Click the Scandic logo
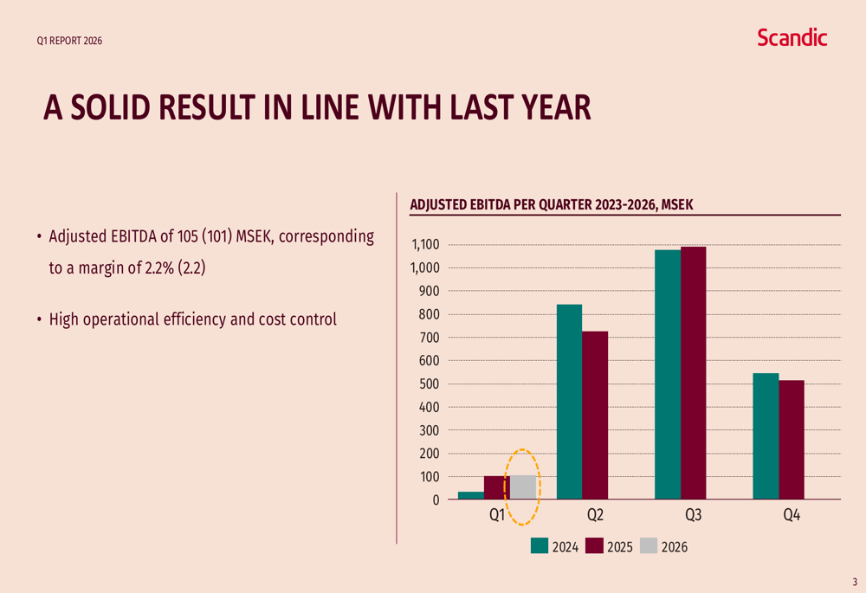click(792, 37)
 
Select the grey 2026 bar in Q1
click(522, 487)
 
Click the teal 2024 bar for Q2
click(569, 402)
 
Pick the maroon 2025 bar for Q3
click(693, 373)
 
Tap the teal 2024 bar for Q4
click(766, 436)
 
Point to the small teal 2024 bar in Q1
click(470, 495)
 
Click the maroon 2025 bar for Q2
click(595, 416)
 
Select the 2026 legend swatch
click(648, 546)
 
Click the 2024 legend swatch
click(540, 546)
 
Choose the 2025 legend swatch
click(594, 546)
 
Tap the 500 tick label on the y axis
click(429, 384)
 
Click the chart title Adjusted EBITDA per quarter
click(552, 205)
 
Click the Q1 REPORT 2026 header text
click(69, 41)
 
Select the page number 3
click(854, 582)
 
